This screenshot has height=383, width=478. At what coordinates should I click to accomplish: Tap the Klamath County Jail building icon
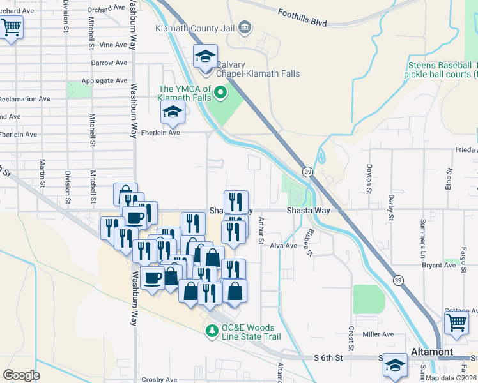(x=245, y=27)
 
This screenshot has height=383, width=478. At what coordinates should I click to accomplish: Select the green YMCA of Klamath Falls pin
(x=221, y=94)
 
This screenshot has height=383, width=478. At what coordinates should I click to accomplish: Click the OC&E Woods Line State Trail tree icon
(x=212, y=331)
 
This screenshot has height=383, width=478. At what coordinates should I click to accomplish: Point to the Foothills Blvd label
(x=303, y=17)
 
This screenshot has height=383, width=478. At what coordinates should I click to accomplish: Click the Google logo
(x=21, y=375)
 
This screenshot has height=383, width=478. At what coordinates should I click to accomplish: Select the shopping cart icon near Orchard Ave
(x=11, y=28)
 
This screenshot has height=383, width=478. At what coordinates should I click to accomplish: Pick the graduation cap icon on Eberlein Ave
(x=172, y=113)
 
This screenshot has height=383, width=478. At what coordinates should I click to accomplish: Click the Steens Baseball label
(x=440, y=65)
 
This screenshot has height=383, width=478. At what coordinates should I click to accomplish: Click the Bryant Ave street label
(x=438, y=265)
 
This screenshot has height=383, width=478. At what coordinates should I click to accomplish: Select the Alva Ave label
(x=284, y=246)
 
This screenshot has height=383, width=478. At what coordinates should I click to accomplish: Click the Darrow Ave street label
(x=109, y=63)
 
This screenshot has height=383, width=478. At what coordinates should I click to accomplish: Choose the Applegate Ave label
(x=104, y=81)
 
